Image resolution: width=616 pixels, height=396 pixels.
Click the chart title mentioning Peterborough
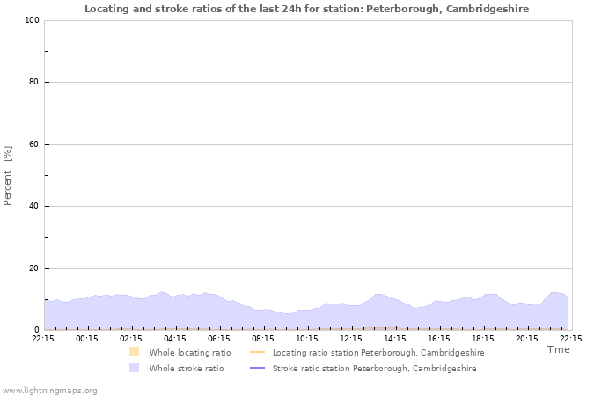[x=307, y=9]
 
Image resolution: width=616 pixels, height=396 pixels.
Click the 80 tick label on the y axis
[x=33, y=83]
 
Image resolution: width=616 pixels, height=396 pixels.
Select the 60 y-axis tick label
[x=33, y=144]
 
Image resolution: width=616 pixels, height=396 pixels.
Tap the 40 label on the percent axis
[x=33, y=207]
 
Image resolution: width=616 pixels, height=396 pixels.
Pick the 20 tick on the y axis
[x=33, y=268]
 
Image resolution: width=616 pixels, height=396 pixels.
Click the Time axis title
[x=558, y=349]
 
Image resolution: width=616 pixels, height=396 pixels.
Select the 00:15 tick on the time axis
[x=87, y=338]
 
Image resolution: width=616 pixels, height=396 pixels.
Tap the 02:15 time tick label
[x=131, y=338]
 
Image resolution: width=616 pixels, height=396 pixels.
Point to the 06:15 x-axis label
[x=219, y=338]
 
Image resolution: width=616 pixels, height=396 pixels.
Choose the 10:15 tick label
[x=307, y=338]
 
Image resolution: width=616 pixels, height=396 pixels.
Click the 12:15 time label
[x=351, y=338]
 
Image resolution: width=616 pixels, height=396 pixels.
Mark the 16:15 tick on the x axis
[x=439, y=338]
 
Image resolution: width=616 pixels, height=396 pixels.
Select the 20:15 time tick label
[x=527, y=338]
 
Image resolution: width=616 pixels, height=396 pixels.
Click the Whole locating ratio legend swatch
[x=134, y=352]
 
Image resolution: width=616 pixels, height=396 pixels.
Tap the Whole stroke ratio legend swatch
[x=134, y=368]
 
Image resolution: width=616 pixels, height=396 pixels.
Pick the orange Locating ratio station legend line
[x=258, y=352]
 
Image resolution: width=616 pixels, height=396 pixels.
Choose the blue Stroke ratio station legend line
[x=258, y=368]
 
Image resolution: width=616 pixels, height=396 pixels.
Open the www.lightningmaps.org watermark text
[x=49, y=390]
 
